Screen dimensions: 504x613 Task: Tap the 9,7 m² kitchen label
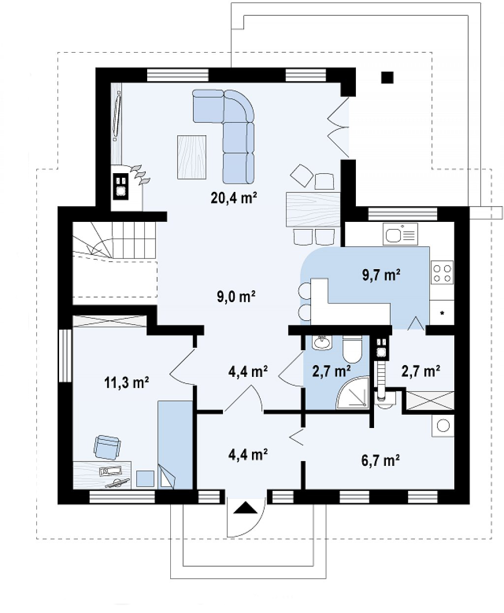point(381,275)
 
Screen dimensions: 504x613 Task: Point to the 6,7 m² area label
point(380,460)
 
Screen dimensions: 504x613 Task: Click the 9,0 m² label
point(236,297)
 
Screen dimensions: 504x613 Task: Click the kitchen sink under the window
point(400,234)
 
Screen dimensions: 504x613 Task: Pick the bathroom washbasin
point(321,342)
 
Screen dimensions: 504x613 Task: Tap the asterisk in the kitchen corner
point(442,313)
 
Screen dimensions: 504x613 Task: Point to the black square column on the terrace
point(387,77)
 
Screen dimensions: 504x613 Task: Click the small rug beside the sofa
point(191,157)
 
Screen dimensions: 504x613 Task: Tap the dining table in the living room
point(313,209)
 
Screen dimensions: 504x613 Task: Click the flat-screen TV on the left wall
point(118,116)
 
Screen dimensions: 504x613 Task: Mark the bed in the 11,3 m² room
point(175,445)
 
